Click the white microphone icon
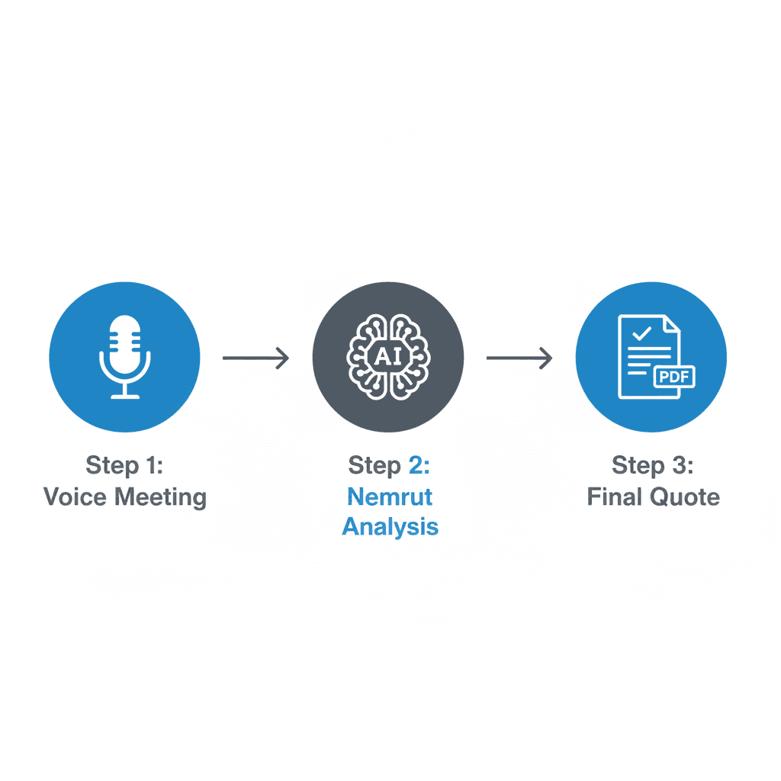point(124,355)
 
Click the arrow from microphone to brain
point(256,357)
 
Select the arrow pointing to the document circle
point(519,357)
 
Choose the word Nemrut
point(390,497)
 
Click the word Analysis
point(390,526)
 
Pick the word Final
point(615,497)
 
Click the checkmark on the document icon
point(641,333)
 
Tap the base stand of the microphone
point(124,394)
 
